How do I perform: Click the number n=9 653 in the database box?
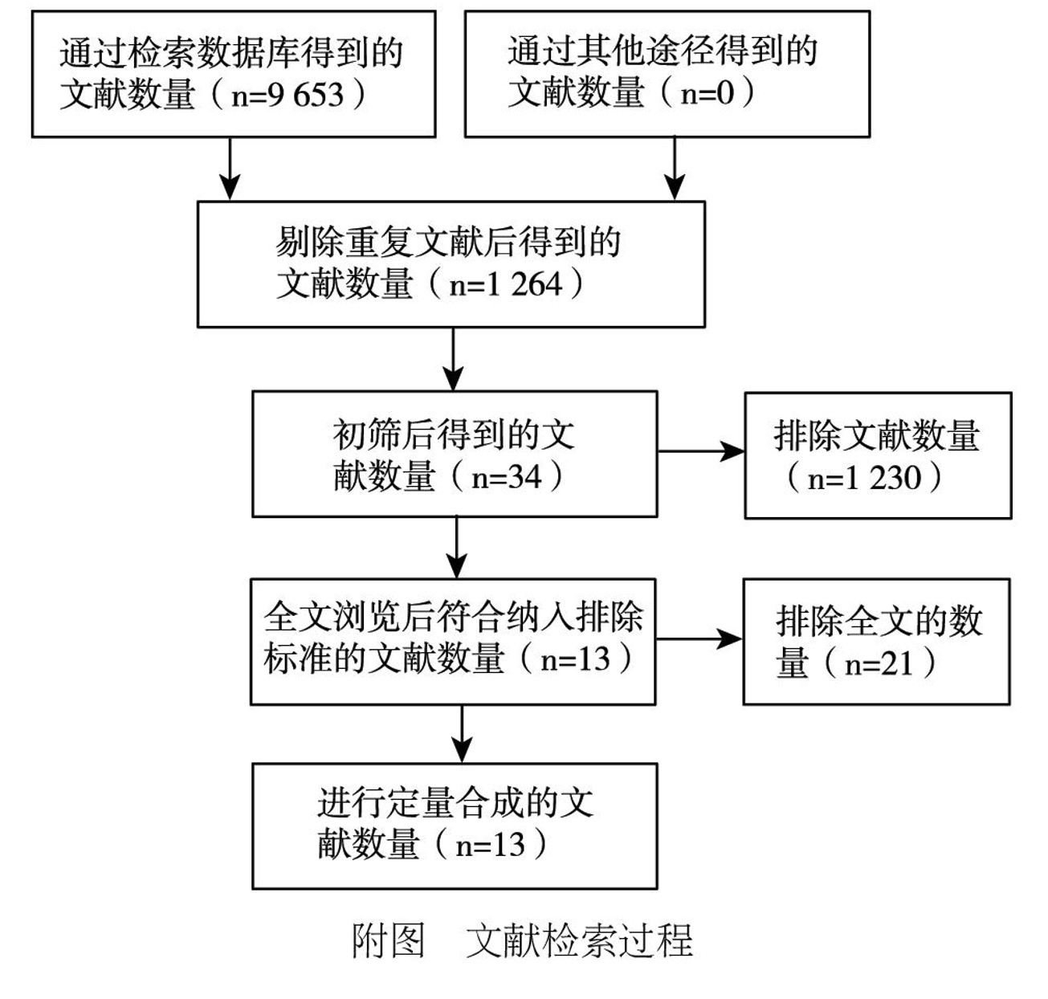pos(287,96)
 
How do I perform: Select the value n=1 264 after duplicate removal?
pos(506,284)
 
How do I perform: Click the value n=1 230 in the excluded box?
pos(864,479)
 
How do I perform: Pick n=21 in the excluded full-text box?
pos(879,664)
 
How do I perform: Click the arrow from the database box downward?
pos(230,169)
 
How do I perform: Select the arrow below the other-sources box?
pos(675,169)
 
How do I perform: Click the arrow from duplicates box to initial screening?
pos(453,359)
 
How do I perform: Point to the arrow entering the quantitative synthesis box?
pos(462,734)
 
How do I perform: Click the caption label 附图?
pos(389,940)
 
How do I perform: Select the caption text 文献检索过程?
pos(579,940)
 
